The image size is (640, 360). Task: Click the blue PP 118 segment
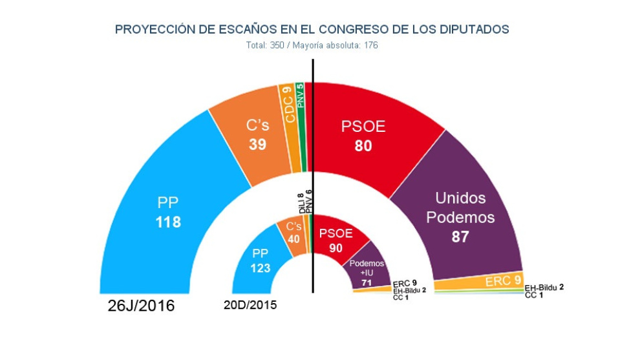click(168, 213)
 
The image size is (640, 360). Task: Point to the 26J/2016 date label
click(141, 306)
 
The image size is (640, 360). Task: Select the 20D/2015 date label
click(251, 305)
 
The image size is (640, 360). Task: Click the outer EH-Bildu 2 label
click(544, 288)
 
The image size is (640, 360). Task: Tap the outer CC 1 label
click(533, 295)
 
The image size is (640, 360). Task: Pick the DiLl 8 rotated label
click(301, 203)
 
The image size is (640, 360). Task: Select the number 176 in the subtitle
click(370, 46)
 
